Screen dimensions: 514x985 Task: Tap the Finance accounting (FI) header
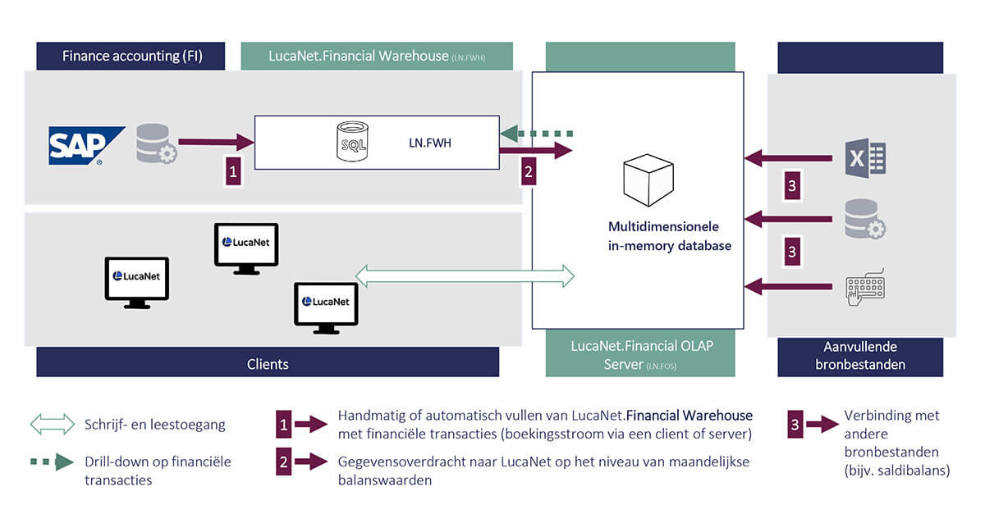coord(132,57)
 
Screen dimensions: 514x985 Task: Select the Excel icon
coord(865,157)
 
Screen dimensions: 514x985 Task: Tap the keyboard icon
coord(865,287)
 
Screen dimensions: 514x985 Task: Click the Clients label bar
coord(268,363)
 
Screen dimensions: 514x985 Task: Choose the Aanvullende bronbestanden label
coord(860,354)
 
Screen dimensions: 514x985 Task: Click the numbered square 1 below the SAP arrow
coord(233,171)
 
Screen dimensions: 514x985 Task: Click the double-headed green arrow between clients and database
coord(465,275)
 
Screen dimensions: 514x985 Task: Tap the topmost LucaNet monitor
coord(246,244)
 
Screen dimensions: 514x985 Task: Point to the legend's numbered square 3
coord(795,424)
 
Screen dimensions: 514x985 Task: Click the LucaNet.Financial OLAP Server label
coord(641,354)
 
